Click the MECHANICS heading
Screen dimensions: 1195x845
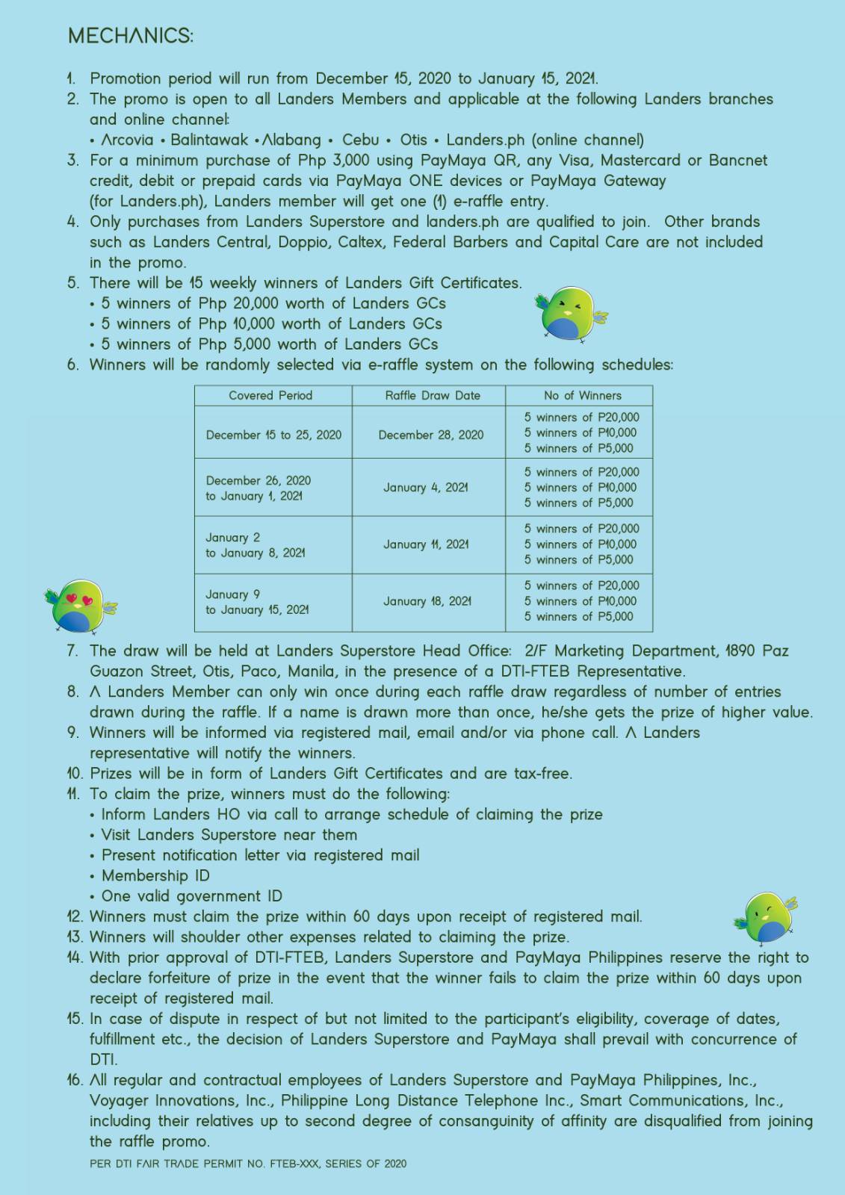130,36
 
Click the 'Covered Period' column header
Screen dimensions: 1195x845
270,396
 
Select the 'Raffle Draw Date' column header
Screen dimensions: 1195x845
433,396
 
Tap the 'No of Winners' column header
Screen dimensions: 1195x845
582,396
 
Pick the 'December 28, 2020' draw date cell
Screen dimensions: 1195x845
430,435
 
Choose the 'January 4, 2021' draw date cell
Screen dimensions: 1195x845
426,488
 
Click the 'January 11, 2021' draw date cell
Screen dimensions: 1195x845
426,544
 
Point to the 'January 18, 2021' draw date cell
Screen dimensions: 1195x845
427,601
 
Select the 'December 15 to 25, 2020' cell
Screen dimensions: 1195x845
273,435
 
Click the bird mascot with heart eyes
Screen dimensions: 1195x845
79,606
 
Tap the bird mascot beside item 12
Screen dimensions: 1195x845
767,916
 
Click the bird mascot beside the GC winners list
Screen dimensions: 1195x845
570,314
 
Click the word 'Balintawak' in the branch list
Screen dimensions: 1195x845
208,140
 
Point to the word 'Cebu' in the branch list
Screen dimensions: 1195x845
360,140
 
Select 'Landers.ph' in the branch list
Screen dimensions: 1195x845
475,140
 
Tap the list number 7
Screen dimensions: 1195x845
72,651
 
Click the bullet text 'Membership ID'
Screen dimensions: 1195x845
155,875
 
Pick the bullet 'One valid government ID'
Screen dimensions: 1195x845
191,896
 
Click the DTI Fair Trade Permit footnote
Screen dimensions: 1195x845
248,1164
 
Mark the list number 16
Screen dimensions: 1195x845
75,1080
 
